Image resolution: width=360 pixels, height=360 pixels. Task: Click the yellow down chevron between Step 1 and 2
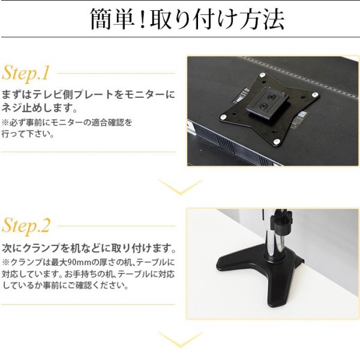point(180,188)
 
